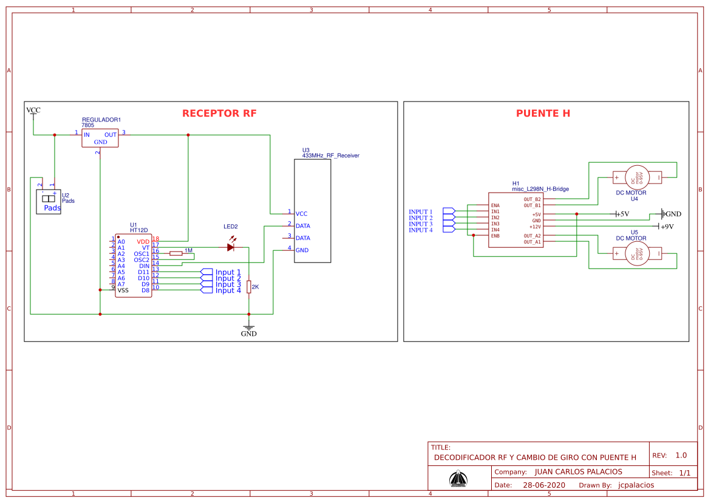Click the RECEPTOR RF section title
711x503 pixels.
tap(219, 114)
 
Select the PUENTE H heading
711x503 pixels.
tap(543, 114)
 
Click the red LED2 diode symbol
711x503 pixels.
tap(231, 247)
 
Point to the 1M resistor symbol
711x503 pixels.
tap(175, 253)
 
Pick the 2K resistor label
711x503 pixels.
tap(255, 287)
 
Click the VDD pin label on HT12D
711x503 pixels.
tap(143, 241)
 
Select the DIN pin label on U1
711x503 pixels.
tap(144, 265)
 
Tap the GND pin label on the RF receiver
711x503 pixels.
tap(302, 250)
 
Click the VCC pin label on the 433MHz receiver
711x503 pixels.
tap(301, 214)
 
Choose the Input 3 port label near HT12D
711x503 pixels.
tap(228, 284)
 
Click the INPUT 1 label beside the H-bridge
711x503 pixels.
tap(421, 212)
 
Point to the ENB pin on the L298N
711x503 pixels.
tap(495, 236)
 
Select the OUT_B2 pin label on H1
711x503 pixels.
tap(532, 199)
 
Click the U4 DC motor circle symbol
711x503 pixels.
tap(637, 177)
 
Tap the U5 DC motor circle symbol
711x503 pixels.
tap(637, 253)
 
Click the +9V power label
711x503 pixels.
tap(667, 227)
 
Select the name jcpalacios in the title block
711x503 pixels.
tap(636, 485)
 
